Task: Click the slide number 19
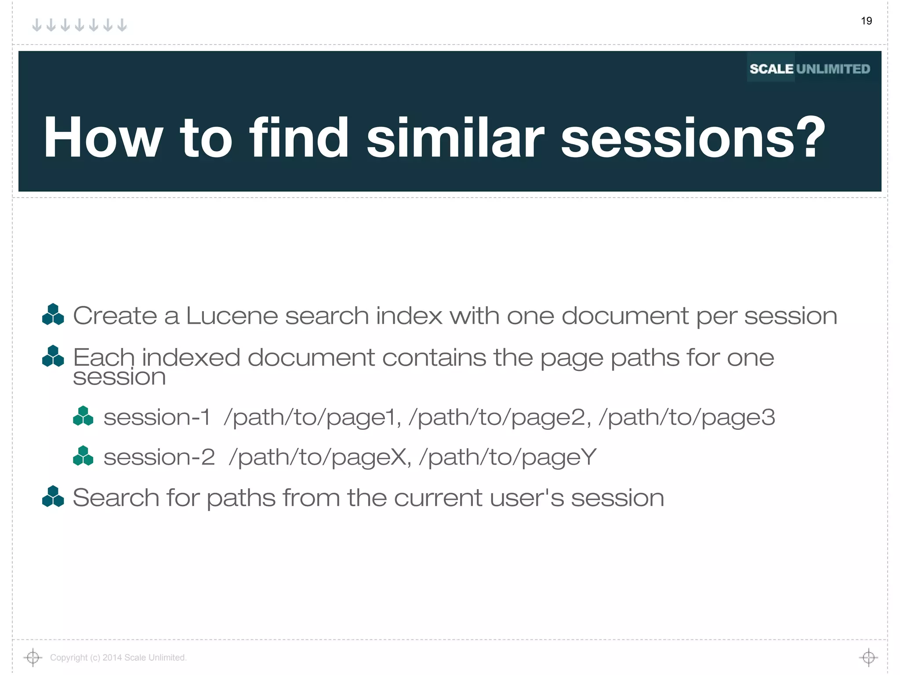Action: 866,21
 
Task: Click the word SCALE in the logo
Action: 771,69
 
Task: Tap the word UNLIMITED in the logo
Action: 833,69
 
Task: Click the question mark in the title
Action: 810,137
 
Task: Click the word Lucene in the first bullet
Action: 232,316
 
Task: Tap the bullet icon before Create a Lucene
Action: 53,315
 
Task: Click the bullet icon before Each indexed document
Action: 53,356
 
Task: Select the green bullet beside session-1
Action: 83,416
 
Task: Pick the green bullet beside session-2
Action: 83,456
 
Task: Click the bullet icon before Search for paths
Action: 53,497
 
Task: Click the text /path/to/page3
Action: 687,417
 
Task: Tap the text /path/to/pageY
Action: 508,457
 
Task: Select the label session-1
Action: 157,417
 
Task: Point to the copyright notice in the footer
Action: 118,657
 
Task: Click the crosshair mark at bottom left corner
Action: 33,657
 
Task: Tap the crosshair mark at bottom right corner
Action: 868,657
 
